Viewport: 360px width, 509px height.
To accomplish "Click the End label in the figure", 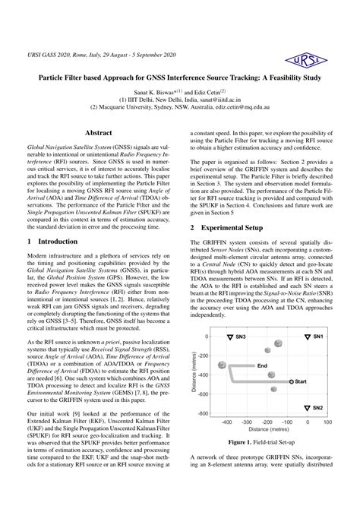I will point(262,365).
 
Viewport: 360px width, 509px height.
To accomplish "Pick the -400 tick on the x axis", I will point(226,421).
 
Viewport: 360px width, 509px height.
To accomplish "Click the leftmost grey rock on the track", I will point(223,365).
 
